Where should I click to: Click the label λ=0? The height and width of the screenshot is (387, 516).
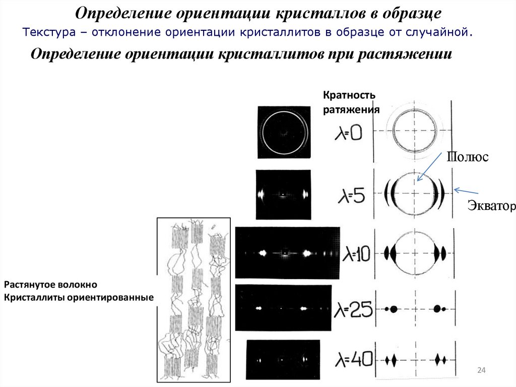tap(348, 134)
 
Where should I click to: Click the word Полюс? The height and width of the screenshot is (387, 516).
tap(467, 157)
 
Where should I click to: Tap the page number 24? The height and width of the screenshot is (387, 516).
tap(480, 371)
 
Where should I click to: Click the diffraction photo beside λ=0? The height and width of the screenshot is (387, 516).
tap(284, 132)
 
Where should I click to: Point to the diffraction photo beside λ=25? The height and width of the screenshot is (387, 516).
tap(284, 308)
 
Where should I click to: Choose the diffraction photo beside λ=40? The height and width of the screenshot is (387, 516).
tap(284, 360)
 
